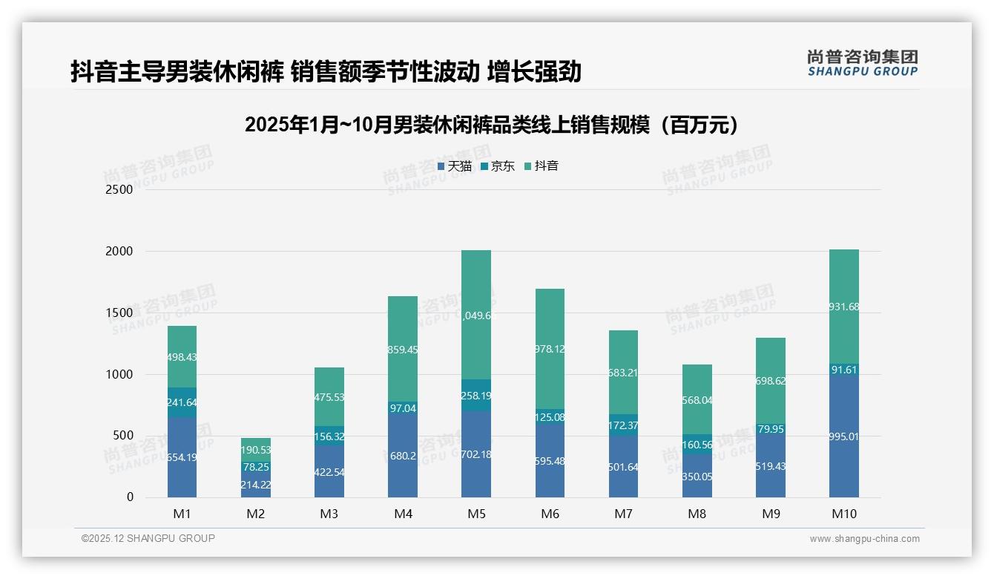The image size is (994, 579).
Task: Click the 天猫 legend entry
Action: [455, 166]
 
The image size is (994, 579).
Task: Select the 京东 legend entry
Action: [498, 166]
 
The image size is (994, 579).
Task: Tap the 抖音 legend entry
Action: [542, 166]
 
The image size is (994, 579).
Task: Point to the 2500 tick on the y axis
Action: [119, 189]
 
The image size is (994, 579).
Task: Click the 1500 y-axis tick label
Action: [119, 313]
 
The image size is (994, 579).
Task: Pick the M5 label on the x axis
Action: [476, 514]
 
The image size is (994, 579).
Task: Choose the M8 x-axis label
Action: [697, 514]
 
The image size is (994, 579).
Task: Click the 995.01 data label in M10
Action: [844, 436]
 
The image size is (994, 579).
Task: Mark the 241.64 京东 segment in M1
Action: [182, 402]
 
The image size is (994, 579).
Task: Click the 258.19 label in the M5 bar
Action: [476, 396]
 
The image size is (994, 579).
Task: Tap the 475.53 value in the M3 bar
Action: [329, 397]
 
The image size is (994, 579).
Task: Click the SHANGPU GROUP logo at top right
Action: [862, 62]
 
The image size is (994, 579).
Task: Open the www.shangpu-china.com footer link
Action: [864, 539]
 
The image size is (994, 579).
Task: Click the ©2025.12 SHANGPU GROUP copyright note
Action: [148, 538]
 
